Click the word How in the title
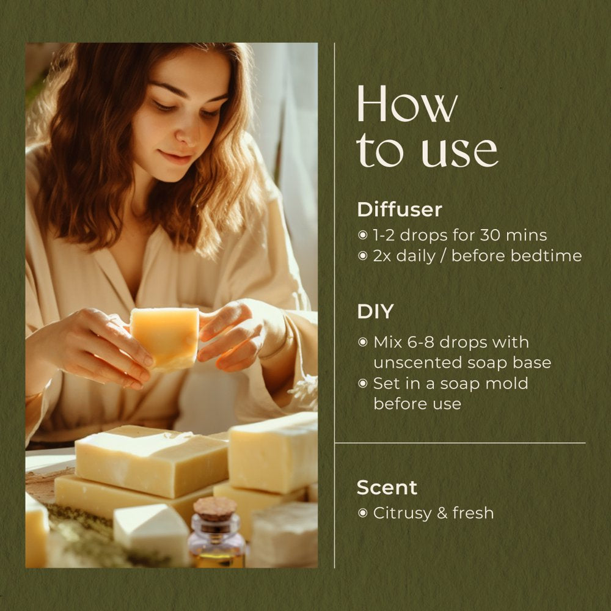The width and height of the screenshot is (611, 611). (x=407, y=104)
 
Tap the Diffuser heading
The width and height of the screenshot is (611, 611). (x=400, y=210)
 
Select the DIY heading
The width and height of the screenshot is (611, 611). (x=375, y=312)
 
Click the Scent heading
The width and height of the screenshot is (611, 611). (x=387, y=488)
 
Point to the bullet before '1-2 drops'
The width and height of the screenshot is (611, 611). (x=363, y=235)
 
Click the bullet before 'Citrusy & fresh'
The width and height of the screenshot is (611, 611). (x=363, y=513)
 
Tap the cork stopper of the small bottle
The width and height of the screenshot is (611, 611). (x=215, y=509)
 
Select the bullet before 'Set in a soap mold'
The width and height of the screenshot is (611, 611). (x=363, y=384)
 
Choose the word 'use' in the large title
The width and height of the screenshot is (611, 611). (x=460, y=150)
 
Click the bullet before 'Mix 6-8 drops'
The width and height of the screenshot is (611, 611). (x=363, y=343)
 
